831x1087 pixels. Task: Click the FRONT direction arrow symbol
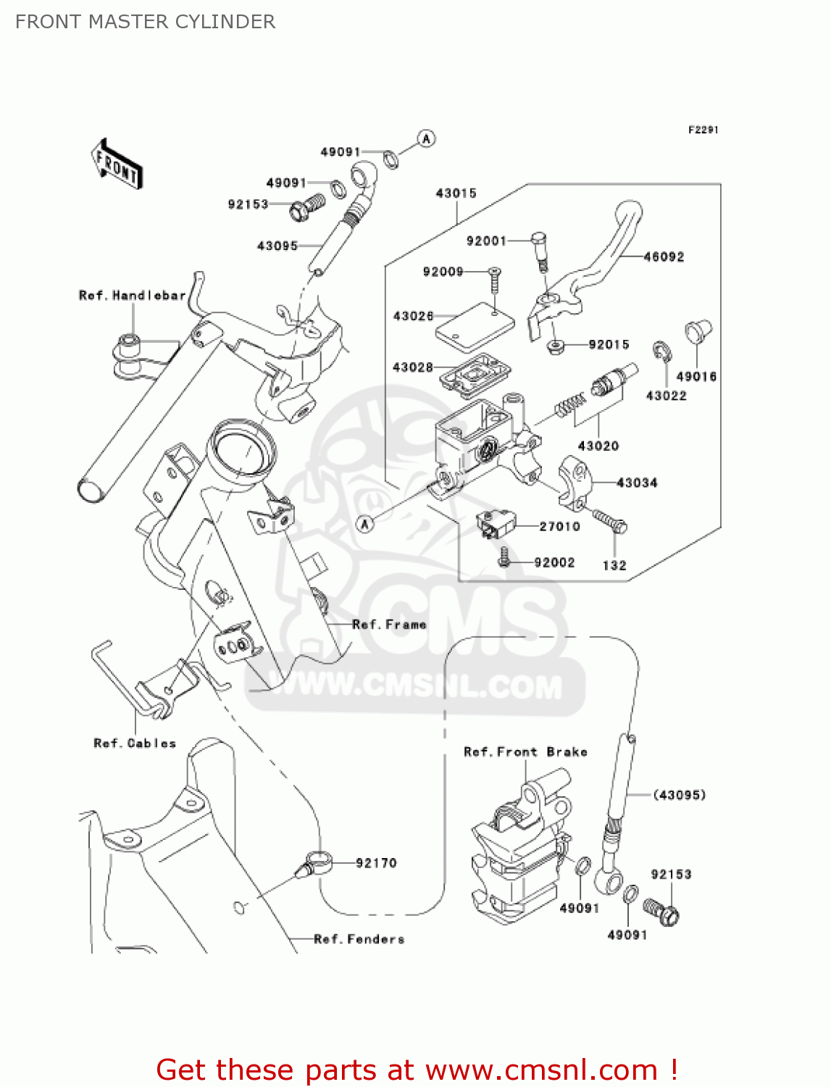tap(116, 164)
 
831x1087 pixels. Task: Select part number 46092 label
tap(664, 257)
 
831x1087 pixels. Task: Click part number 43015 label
tap(456, 193)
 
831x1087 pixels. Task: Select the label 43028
tap(412, 367)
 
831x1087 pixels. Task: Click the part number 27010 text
tap(559, 526)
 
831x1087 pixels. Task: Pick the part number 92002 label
tap(554, 562)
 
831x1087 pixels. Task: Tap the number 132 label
tap(614, 565)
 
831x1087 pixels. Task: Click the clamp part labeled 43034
tap(576, 479)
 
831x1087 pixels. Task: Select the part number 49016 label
tap(696, 377)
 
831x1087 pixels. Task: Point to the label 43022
tap(666, 396)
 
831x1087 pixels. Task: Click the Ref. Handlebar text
tap(132, 296)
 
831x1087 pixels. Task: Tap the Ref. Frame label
tap(389, 625)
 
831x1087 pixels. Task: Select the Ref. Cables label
tap(135, 744)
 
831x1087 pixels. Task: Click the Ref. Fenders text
tap(359, 939)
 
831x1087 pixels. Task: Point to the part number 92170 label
tap(376, 863)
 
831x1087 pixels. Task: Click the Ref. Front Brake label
tap(525, 752)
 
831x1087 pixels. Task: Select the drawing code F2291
tap(703, 130)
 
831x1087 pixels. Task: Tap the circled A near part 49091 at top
tap(427, 138)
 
